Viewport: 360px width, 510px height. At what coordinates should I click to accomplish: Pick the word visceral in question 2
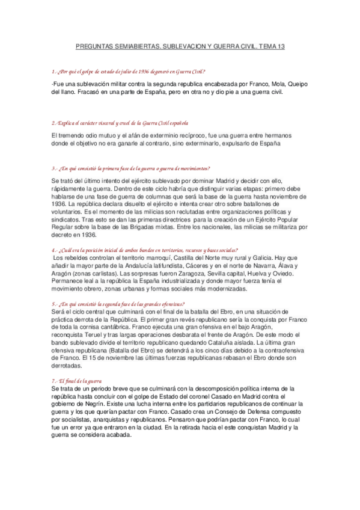pyautogui.click(x=107, y=123)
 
